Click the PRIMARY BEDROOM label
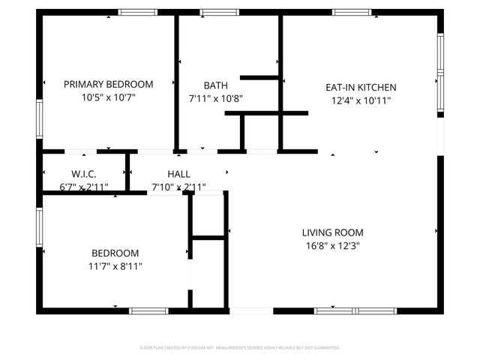[108, 85]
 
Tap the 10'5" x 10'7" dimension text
[108, 97]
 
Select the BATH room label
[216, 85]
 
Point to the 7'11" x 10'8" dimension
[216, 97]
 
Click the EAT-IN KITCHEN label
[361, 87]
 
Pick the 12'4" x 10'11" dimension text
[361, 100]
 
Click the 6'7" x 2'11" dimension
[84, 187]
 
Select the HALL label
[178, 174]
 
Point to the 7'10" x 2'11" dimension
[178, 187]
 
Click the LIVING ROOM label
[333, 232]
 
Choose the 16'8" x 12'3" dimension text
[333, 245]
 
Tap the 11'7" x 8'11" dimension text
[115, 265]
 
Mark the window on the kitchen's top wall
[352, 12]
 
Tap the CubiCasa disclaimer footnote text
[240, 348]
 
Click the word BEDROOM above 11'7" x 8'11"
[115, 253]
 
